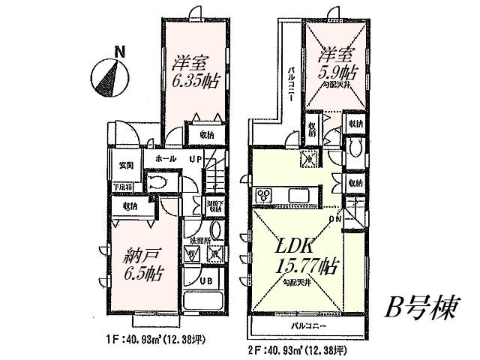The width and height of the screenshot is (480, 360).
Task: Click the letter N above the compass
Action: point(118,51)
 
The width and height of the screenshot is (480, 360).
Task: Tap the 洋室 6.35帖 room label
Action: point(197,71)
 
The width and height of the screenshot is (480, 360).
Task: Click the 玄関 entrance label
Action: point(125,166)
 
